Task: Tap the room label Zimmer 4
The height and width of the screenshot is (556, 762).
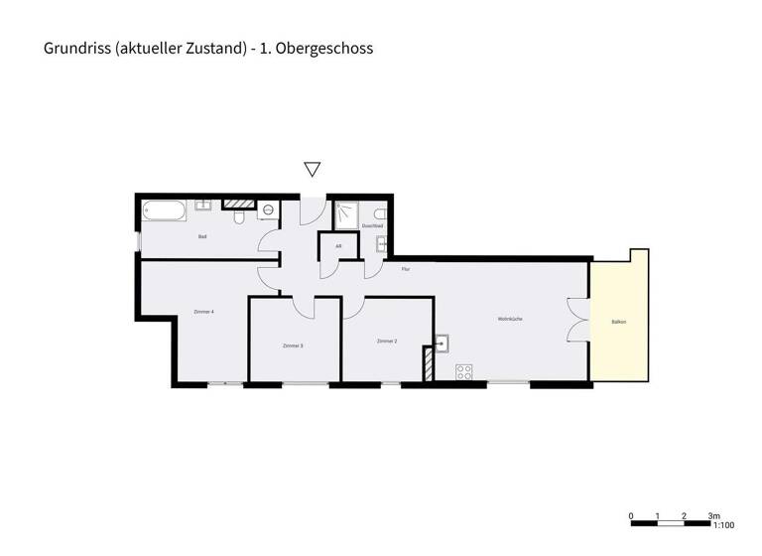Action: tap(203, 312)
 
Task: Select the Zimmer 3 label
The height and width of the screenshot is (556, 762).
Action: tap(293, 346)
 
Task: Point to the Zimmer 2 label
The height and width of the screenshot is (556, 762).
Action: tap(387, 341)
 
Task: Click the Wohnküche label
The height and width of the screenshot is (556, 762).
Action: tap(510, 319)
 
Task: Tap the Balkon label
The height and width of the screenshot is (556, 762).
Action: tap(619, 322)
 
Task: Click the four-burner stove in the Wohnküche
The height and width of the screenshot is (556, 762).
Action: tap(463, 372)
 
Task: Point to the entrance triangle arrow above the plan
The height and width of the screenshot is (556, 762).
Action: tap(312, 170)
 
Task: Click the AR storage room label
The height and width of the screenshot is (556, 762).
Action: tap(338, 246)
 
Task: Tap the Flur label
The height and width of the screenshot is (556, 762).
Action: tap(405, 269)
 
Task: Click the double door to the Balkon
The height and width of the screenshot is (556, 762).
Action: tap(577, 318)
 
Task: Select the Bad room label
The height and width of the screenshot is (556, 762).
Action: tap(202, 236)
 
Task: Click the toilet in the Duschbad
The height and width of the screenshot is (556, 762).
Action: tap(379, 213)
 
